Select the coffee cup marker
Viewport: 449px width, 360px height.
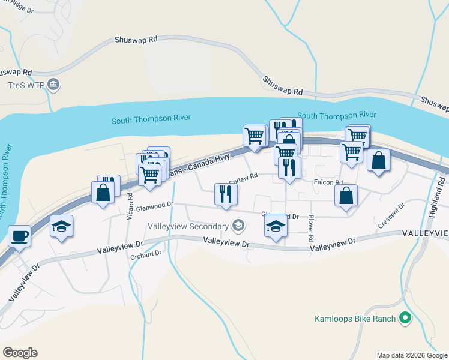19,236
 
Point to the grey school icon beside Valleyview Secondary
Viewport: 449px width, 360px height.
238,226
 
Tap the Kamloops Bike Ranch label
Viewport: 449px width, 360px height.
355,318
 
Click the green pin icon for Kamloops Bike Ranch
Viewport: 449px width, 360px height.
406,318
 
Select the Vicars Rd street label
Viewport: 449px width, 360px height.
130,206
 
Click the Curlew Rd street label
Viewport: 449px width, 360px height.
243,177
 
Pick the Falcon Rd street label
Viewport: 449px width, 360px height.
328,182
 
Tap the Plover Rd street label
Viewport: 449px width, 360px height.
311,229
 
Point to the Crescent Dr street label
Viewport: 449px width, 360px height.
391,217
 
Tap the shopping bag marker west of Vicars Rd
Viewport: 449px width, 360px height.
103,193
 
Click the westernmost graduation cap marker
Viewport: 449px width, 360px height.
61,226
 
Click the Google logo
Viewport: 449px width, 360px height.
20,353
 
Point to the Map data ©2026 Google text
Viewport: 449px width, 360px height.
411,355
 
